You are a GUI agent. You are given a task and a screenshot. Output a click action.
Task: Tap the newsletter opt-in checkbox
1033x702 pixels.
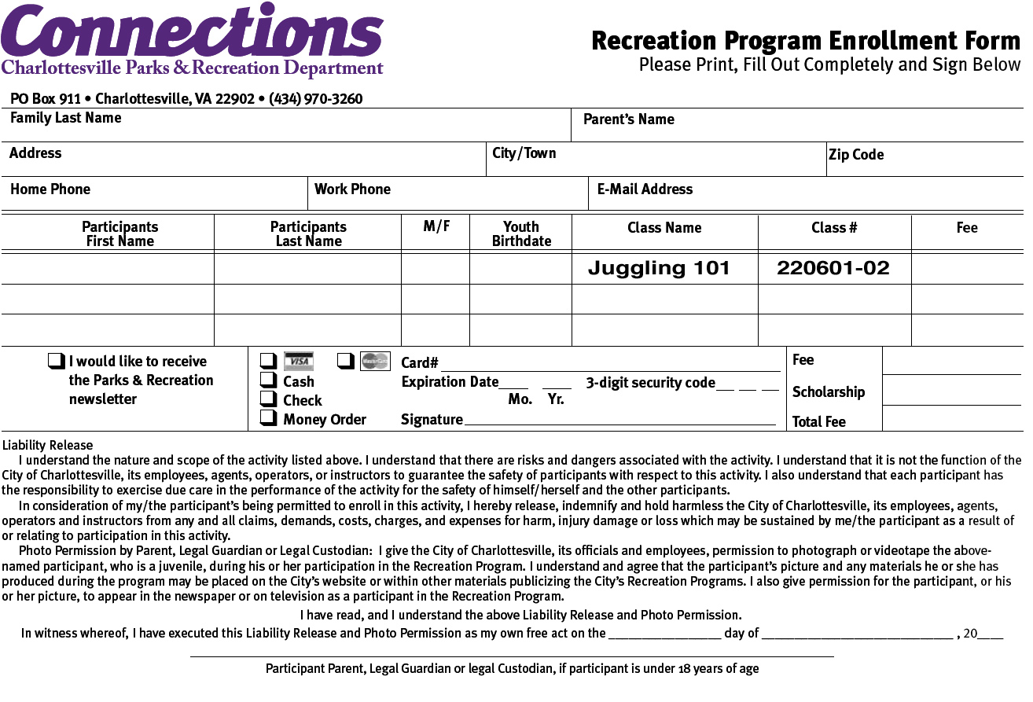(56, 362)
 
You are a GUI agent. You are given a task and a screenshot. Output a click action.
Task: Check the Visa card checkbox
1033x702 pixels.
(268, 362)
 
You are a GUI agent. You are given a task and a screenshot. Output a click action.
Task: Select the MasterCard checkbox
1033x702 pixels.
(345, 362)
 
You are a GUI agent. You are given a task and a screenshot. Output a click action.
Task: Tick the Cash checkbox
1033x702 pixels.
(268, 381)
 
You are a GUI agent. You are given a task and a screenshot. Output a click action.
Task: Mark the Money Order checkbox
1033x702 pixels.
(268, 419)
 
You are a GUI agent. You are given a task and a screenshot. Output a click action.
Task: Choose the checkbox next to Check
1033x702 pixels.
(268, 400)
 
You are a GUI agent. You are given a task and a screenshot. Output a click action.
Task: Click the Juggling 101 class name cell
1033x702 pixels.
(659, 269)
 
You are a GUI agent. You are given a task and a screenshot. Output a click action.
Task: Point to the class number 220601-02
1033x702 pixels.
(833, 269)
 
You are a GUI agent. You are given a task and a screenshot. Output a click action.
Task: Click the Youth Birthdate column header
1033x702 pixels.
(521, 234)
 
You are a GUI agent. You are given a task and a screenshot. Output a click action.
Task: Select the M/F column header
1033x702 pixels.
(436, 226)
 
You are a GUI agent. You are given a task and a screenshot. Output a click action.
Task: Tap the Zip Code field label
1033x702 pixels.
(856, 155)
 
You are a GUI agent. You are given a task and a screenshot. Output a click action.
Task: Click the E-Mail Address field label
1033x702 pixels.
(645, 189)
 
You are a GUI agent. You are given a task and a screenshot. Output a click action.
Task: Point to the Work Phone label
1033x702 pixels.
(352, 189)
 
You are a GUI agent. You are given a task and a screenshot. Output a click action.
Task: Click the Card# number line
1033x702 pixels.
(610, 365)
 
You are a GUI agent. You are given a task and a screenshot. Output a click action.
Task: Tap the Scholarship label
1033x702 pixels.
(829, 391)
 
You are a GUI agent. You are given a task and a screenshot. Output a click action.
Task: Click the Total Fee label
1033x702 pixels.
(819, 422)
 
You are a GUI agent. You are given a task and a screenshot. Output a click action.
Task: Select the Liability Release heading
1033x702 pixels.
(47, 446)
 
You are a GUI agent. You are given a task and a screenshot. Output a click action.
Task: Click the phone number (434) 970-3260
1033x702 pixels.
(315, 99)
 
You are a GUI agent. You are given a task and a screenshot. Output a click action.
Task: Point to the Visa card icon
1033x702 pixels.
(299, 362)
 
